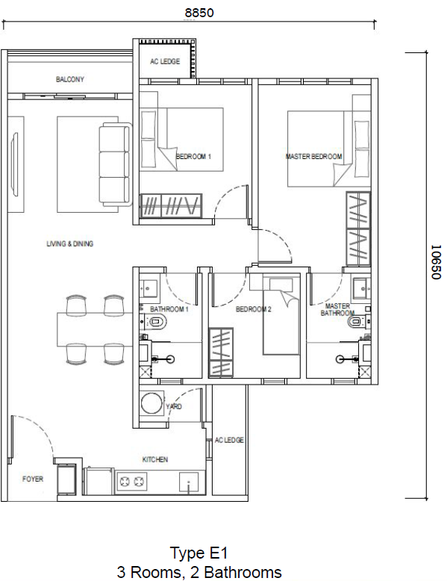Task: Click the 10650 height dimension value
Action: [x=436, y=263]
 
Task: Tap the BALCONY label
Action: [x=69, y=79]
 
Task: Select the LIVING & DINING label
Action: [x=69, y=243]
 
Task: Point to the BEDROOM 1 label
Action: [x=193, y=157]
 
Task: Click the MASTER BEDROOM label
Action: [x=313, y=157]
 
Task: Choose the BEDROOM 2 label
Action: [x=253, y=308]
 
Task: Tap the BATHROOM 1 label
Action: [x=169, y=308]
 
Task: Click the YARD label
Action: [x=173, y=406]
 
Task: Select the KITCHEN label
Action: [x=155, y=459]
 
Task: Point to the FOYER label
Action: [x=32, y=479]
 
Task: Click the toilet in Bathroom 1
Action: [x=157, y=323]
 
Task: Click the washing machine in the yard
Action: [x=153, y=403]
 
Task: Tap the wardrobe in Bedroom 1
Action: [x=171, y=205]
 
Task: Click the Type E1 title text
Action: [x=199, y=553]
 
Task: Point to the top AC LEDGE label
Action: [x=164, y=61]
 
